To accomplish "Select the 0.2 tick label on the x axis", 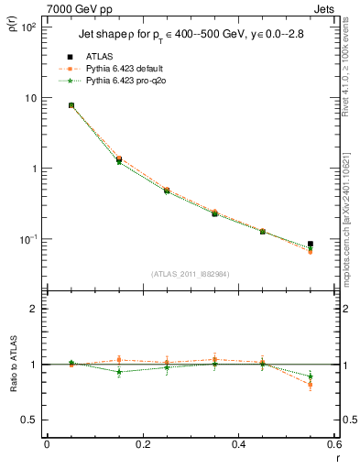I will coord(142,445).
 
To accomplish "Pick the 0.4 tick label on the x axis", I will coord(238,445).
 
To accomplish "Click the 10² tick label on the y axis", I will coord(27,27).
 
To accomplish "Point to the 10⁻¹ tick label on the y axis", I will coord(27,239).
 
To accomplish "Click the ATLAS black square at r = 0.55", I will coord(311,244).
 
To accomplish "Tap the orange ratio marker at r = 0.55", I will coord(311,385).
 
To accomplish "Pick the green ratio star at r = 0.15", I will coord(119,372).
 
